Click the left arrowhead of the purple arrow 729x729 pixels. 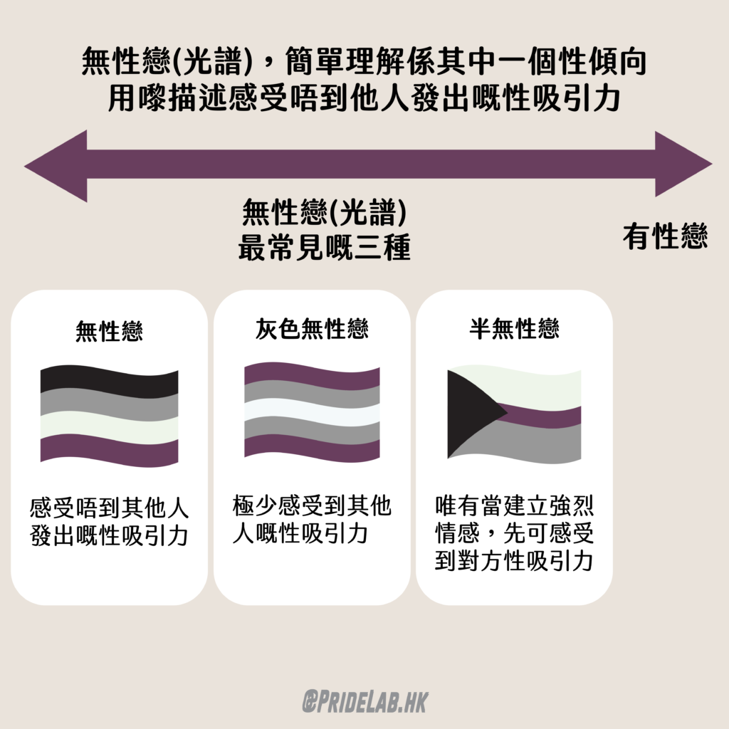[56, 166]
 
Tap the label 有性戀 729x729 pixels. [666, 236]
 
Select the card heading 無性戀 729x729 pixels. [109, 332]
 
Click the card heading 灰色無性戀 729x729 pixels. [312, 329]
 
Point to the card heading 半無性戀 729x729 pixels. [514, 329]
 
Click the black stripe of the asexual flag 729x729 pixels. [109, 382]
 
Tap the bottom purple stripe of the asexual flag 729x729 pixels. [109, 450]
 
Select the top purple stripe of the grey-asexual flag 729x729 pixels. [312, 376]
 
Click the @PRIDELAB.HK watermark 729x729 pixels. [365, 701]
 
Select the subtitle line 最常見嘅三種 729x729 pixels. [325, 247]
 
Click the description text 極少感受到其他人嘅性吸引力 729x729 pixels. [312, 519]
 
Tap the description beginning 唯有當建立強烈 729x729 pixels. [514, 533]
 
